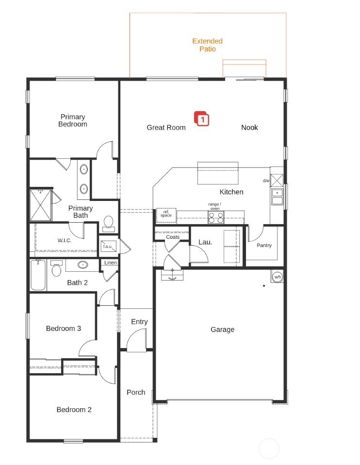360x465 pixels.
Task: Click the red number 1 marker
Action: pyautogui.click(x=202, y=119)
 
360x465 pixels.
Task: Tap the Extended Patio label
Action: pyautogui.click(x=207, y=45)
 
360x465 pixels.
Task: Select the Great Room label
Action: pyautogui.click(x=166, y=128)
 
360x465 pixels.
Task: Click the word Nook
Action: pyautogui.click(x=249, y=128)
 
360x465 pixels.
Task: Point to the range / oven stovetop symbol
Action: pyautogui.click(x=216, y=217)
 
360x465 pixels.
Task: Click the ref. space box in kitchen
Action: pyautogui.click(x=166, y=214)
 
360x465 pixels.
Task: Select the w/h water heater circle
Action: pyautogui.click(x=278, y=277)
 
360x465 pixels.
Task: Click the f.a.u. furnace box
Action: pyautogui.click(x=108, y=246)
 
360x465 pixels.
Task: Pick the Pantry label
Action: pyautogui.click(x=264, y=246)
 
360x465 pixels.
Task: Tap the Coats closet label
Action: pyautogui.click(x=173, y=237)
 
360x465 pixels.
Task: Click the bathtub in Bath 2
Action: pyautogui.click(x=38, y=276)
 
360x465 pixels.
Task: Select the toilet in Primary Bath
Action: pyautogui.click(x=108, y=222)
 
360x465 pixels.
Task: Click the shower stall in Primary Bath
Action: pyautogui.click(x=40, y=205)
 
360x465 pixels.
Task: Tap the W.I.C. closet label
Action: pyautogui.click(x=65, y=240)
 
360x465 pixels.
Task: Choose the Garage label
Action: pyautogui.click(x=222, y=330)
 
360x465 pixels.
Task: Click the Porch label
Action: pyautogui.click(x=136, y=392)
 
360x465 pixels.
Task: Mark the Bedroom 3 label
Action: pyautogui.click(x=64, y=329)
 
